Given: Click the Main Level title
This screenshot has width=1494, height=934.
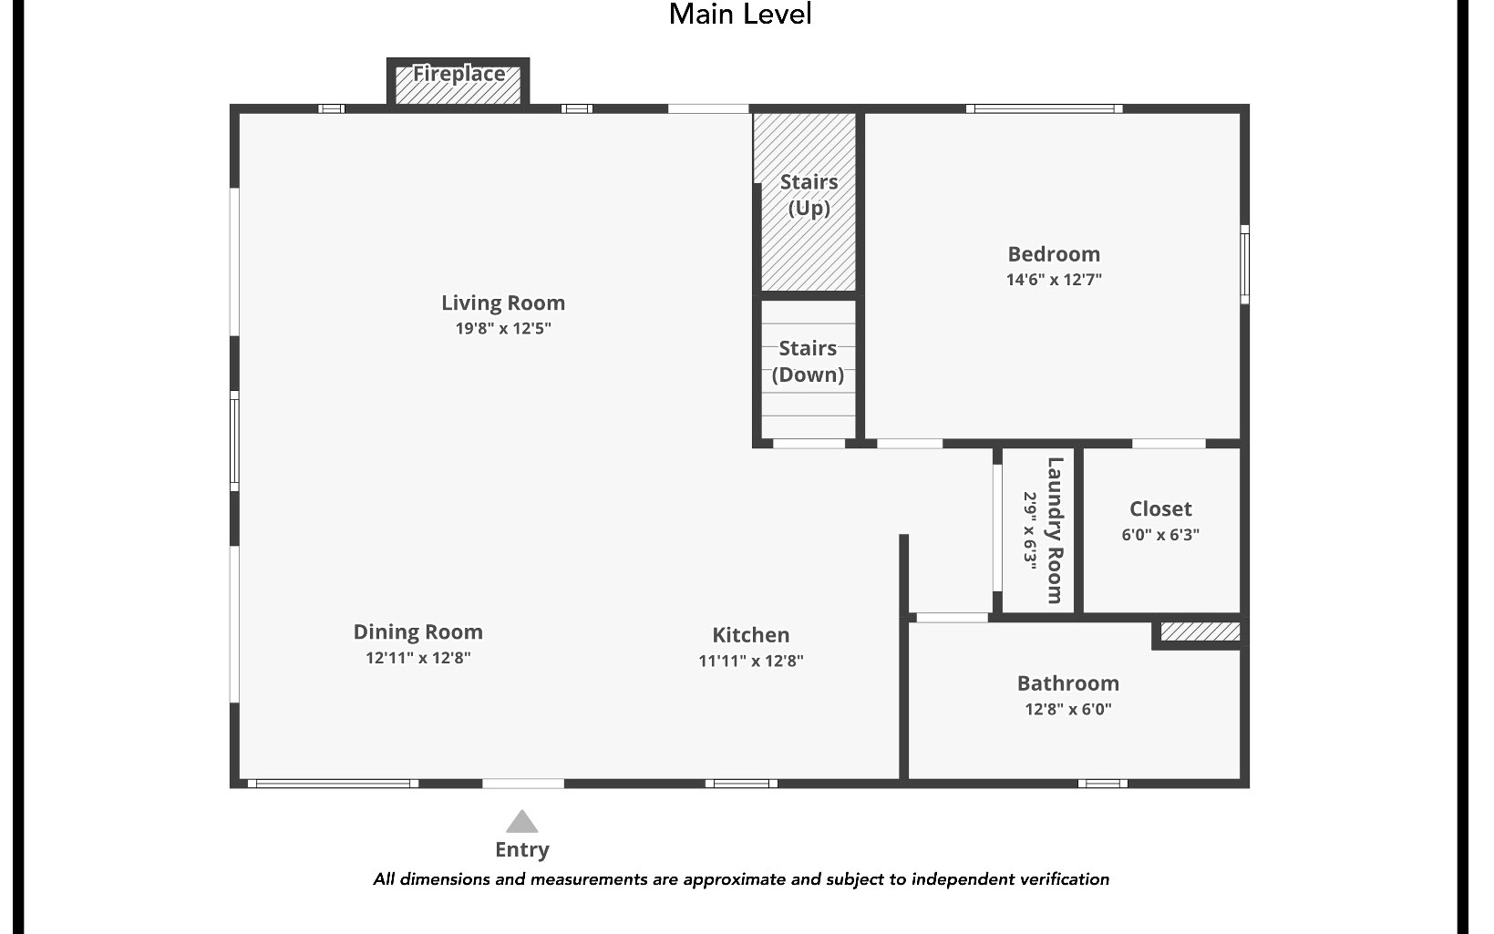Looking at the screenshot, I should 739,15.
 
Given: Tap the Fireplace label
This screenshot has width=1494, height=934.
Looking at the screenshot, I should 459,74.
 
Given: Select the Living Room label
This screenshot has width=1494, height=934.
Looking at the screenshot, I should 503,303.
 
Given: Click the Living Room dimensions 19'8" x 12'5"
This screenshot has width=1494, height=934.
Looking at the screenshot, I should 503,328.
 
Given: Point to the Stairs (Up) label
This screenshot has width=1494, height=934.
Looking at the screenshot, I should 809,195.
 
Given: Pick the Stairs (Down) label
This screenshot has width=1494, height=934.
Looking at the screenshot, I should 808,361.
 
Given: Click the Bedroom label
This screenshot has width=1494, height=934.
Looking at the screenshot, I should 1054,254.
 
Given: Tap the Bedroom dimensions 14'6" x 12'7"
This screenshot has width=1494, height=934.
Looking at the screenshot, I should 1054,280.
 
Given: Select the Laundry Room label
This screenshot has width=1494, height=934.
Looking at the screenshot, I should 1055,530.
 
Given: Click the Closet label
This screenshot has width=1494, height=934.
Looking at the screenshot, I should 1160,509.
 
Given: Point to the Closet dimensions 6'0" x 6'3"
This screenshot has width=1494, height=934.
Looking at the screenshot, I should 1160,535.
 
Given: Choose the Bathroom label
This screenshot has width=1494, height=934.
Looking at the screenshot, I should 1067,683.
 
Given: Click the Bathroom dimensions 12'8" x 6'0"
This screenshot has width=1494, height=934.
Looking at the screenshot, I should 1067,709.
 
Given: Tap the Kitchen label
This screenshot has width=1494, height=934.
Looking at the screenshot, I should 750,635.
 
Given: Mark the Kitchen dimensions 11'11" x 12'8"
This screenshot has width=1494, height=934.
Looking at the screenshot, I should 750,661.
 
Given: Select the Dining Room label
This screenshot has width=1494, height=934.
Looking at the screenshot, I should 417,632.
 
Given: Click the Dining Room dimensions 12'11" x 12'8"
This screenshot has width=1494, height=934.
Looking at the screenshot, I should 417,658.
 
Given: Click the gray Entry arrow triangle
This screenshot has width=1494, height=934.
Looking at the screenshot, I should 521,823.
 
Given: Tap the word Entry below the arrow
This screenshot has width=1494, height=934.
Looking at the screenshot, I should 521,850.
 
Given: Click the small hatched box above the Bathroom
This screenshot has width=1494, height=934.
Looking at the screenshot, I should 1200,631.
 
